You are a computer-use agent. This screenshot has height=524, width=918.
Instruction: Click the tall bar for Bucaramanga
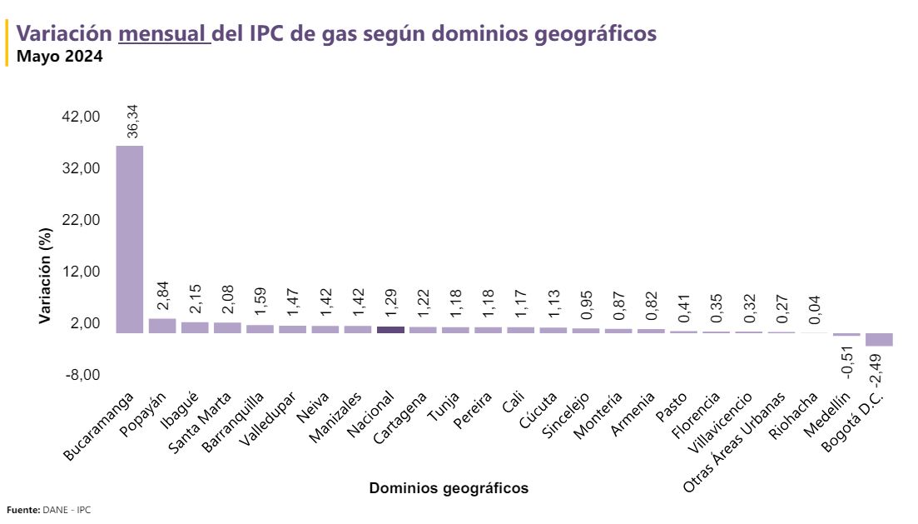129,239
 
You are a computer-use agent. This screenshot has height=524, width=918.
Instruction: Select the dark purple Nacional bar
390,329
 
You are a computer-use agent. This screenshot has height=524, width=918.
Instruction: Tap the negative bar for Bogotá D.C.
879,339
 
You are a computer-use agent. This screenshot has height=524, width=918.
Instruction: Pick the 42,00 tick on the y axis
82,117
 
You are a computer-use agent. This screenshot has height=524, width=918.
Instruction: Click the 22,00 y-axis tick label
82,220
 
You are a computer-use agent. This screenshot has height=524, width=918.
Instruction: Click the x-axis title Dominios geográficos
449,488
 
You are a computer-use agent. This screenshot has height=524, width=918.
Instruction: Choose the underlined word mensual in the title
163,34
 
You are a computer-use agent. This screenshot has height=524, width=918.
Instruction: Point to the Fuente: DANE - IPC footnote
48,510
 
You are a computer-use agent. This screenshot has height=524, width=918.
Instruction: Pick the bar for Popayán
162,326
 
